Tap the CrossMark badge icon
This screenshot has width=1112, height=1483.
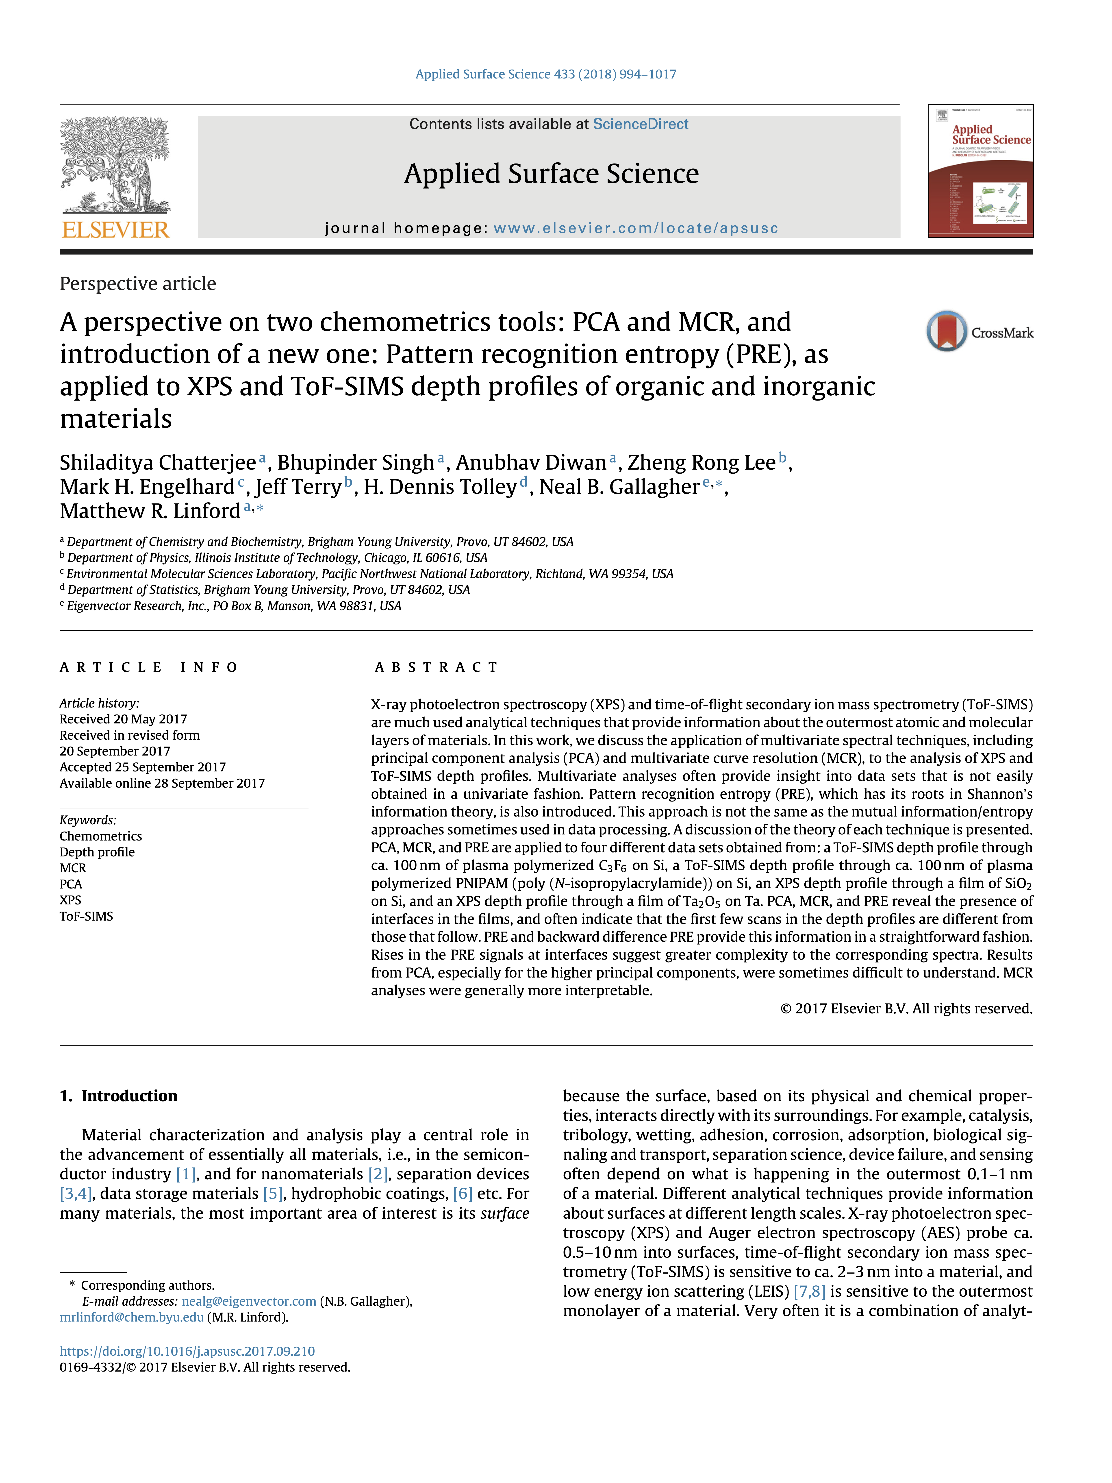947,331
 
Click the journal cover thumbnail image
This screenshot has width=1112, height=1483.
980,171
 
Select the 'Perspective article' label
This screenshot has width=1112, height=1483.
137,284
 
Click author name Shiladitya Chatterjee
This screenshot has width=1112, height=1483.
158,463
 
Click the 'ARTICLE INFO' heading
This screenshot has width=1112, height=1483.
149,667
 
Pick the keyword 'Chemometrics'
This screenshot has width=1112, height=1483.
100,836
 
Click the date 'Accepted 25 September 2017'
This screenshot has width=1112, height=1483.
142,767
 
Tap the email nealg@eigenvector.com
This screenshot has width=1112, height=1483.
249,1301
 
